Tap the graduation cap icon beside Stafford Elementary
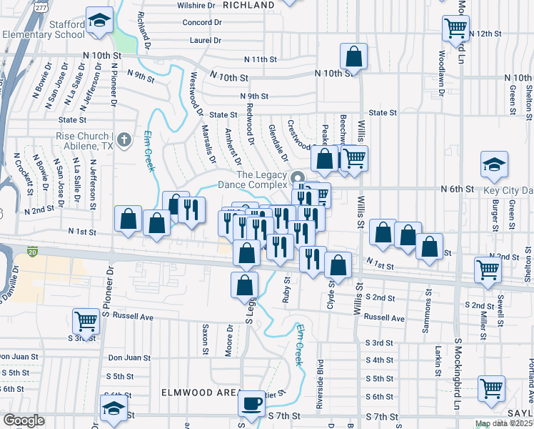(99, 19)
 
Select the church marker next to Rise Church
(124, 139)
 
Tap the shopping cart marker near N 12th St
(455, 29)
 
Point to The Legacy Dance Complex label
(261, 180)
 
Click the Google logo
(24, 420)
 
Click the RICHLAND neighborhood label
(248, 5)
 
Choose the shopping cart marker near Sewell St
(488, 270)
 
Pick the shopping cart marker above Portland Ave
(492, 389)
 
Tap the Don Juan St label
(129, 357)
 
